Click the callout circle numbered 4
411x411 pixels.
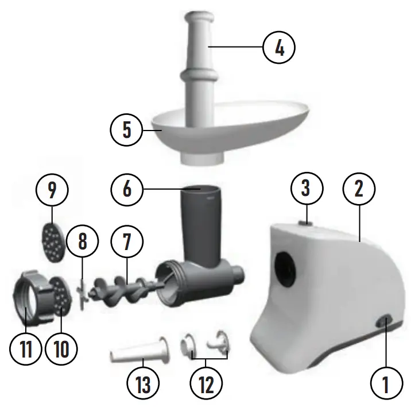coord(279,48)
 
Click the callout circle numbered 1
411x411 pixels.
coord(385,382)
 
